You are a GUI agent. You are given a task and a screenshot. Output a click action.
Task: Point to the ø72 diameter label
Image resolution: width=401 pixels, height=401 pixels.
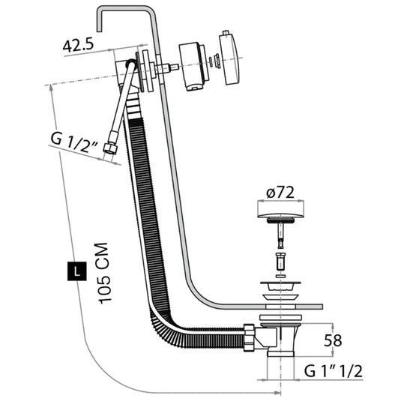tap(280, 193)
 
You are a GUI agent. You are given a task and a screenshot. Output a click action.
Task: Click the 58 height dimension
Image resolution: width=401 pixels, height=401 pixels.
tap(332, 340)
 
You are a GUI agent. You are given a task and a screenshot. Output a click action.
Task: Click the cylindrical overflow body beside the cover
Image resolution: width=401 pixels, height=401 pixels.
tap(192, 66)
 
